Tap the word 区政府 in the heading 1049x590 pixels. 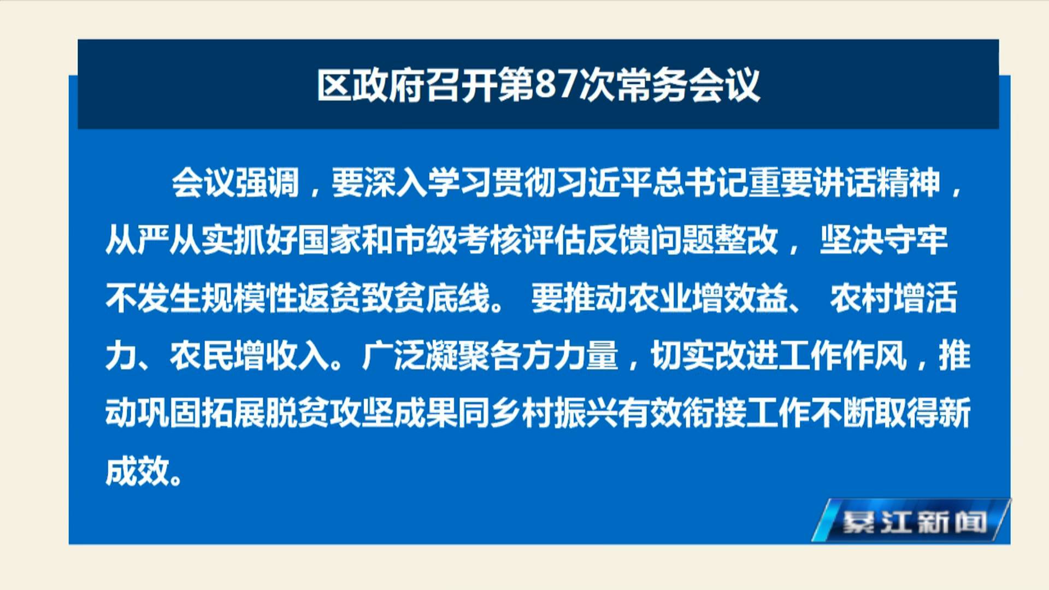click(372, 85)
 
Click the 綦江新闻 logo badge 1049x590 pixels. click(911, 521)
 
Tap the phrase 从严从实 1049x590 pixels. click(169, 240)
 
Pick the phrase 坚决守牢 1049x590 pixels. click(883, 240)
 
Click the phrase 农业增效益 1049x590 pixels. click(708, 298)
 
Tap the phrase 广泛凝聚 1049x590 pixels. click(426, 356)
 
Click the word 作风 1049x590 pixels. click(875, 356)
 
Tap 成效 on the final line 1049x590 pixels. click(137, 471)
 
